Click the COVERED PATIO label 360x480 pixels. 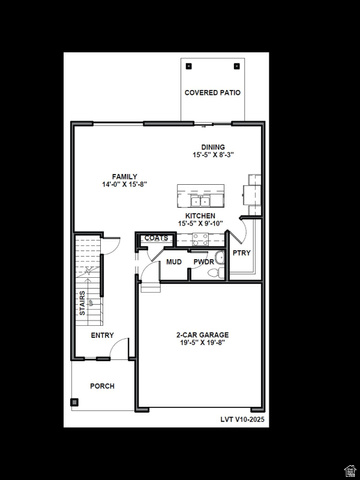(x=212, y=93)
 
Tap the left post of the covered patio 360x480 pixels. (x=189, y=66)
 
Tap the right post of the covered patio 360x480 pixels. (x=237, y=66)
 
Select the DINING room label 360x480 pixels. (x=213, y=147)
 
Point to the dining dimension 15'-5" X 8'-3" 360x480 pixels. (x=213, y=155)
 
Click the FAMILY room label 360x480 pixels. (x=124, y=177)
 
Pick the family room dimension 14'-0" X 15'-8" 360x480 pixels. (x=124, y=184)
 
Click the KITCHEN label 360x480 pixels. (x=200, y=216)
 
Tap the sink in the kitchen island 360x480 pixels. (x=200, y=201)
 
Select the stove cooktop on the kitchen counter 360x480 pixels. (x=201, y=239)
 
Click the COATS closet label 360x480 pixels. (x=156, y=238)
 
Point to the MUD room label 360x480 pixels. (x=174, y=262)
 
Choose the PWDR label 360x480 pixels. (x=204, y=262)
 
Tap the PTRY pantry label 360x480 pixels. (x=242, y=253)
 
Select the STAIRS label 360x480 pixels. (x=82, y=303)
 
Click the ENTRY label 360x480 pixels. (x=102, y=335)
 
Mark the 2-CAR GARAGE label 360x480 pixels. (x=203, y=335)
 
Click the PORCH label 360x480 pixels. (x=102, y=386)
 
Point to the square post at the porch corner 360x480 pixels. (x=74, y=402)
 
